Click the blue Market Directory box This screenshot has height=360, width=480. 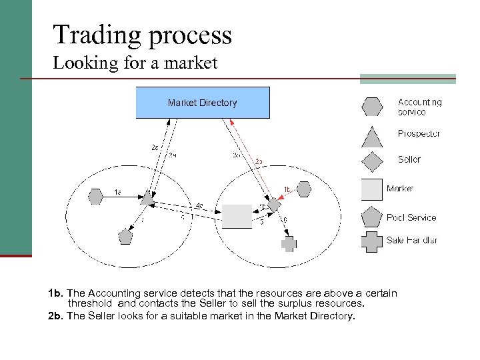click(203, 103)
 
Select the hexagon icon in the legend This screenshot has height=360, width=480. click(371, 107)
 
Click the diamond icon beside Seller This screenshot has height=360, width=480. click(371, 161)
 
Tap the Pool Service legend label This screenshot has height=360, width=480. click(411, 217)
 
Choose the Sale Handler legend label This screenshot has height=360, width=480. click(411, 241)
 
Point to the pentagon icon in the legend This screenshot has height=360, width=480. click(371, 217)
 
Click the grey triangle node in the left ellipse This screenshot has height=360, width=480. click(148, 197)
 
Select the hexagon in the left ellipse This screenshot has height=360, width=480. click(96, 196)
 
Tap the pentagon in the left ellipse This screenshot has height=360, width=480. click(125, 235)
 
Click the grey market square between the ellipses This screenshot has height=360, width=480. click(237, 216)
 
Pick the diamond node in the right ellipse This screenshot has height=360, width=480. click(274, 204)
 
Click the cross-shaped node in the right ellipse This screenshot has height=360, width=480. click(288, 243)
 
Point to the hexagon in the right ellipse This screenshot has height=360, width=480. click(304, 190)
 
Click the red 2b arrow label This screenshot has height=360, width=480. click(259, 161)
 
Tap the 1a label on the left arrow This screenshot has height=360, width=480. click(117, 193)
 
